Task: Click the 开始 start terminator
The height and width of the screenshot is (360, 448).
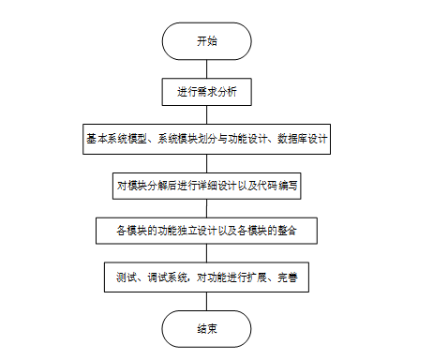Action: [x=206, y=41]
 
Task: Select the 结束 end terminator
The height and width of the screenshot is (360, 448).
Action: [x=206, y=329]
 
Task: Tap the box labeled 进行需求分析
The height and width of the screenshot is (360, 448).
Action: [x=206, y=92]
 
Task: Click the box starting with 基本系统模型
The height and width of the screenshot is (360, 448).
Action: [x=206, y=139]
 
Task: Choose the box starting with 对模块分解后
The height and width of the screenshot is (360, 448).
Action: [x=206, y=186]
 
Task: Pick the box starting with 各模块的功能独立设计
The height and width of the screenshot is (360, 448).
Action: [x=206, y=231]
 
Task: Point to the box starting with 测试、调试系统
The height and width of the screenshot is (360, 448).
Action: [x=206, y=277]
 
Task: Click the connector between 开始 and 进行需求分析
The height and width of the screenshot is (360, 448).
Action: [x=206, y=69]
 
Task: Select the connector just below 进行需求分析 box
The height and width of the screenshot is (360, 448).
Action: [x=206, y=114]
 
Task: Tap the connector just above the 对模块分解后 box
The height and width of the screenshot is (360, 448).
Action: [x=206, y=163]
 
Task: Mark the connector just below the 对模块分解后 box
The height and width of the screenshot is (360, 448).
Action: [x=206, y=208]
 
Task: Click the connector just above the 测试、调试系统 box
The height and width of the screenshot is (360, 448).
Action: [x=206, y=253]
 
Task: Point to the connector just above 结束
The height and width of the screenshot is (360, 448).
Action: [x=206, y=301]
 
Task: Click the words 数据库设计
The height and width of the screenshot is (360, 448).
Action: [x=303, y=139]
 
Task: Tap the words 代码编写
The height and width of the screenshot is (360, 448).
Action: [x=277, y=186]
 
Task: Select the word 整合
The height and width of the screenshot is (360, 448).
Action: [x=287, y=231]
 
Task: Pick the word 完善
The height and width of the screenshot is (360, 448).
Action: [x=288, y=277]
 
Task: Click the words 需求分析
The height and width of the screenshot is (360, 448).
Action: [x=217, y=92]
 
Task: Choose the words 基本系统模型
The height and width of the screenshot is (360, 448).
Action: [x=116, y=139]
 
